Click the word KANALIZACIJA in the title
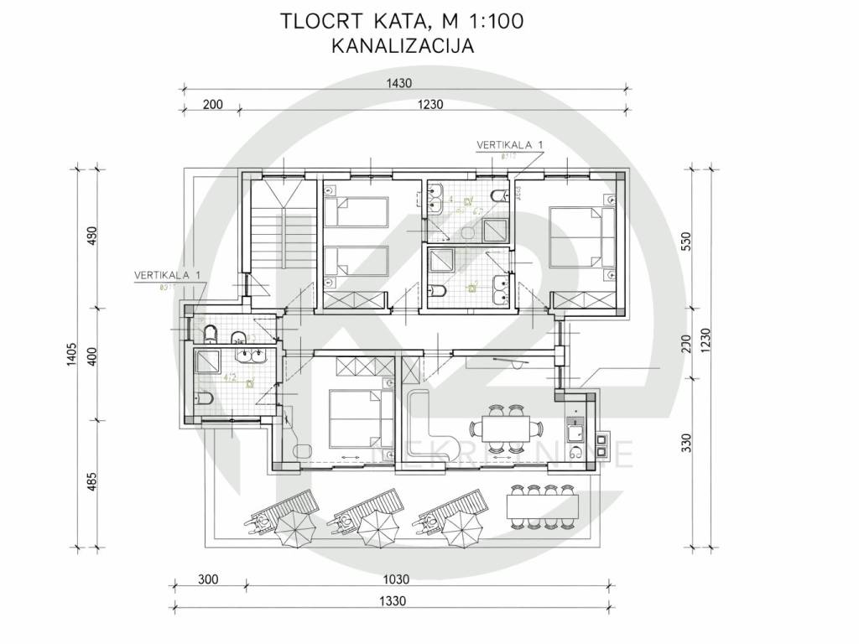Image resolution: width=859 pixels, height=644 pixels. [x=403, y=46]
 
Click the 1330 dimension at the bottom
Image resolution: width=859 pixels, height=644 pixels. [x=391, y=600]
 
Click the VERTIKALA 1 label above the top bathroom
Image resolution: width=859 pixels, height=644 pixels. [x=509, y=145]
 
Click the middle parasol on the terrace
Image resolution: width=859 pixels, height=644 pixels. [x=372, y=528]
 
